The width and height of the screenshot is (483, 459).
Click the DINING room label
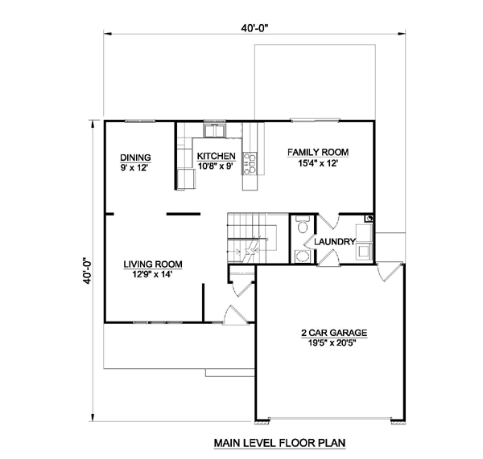point(135,158)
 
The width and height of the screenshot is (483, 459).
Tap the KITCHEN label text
point(217,156)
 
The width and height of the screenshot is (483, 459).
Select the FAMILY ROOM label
point(318,152)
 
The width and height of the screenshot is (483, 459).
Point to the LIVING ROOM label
point(153,264)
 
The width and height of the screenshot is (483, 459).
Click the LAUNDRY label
point(335,242)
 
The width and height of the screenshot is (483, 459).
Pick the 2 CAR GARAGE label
point(334,333)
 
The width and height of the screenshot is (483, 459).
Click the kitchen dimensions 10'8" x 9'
point(215,166)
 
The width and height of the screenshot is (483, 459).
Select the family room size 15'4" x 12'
point(318,163)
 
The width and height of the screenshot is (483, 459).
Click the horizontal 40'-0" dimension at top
point(254,28)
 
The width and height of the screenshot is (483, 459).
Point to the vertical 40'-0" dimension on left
point(88,271)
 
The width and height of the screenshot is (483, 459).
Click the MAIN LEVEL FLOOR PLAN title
point(279,443)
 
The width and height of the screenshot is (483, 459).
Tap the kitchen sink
point(214,129)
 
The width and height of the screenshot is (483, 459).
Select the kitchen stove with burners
point(250,164)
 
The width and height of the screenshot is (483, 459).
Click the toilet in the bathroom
point(302,225)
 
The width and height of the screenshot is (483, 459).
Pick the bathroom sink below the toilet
point(302,256)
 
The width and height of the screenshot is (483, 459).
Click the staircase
point(252,238)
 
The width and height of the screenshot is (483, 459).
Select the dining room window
point(140,121)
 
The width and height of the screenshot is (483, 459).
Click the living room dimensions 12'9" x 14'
point(152,274)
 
